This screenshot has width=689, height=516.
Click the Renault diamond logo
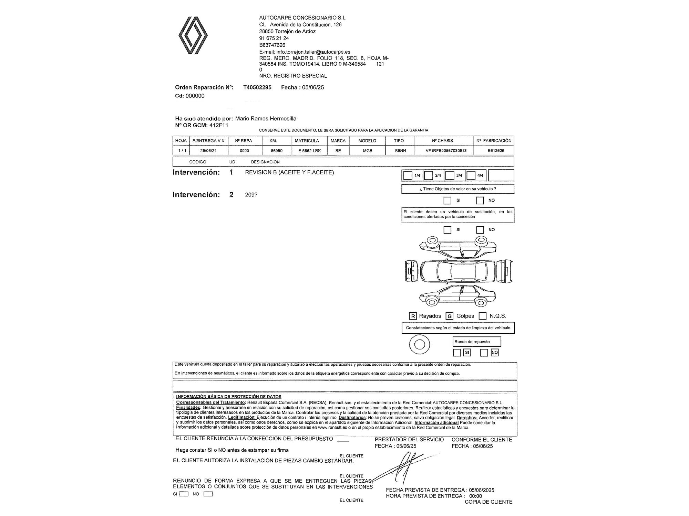[x=193, y=35]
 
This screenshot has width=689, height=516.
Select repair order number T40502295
[x=257, y=87]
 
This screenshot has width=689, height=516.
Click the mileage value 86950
[x=277, y=151]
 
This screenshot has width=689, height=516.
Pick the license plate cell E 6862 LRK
[x=309, y=151]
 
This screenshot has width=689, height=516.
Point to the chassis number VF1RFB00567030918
[x=443, y=151]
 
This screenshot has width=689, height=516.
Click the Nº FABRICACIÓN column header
[x=494, y=141]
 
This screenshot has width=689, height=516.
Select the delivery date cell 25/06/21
[x=208, y=151]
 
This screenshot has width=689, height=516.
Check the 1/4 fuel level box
[x=408, y=175]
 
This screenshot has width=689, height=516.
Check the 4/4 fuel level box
[x=471, y=175]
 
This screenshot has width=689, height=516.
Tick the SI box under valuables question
[x=447, y=200]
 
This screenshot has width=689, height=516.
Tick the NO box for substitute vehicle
[x=480, y=230]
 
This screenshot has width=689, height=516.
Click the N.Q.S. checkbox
[x=483, y=316]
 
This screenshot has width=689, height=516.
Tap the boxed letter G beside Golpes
[x=449, y=316]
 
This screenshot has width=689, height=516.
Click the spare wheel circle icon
[x=419, y=344]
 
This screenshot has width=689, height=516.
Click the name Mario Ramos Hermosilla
[x=266, y=119]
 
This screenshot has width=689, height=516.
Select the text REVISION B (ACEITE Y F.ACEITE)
[x=289, y=172]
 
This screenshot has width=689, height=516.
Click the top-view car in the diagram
[x=457, y=271]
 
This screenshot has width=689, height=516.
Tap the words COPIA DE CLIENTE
[x=488, y=502]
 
